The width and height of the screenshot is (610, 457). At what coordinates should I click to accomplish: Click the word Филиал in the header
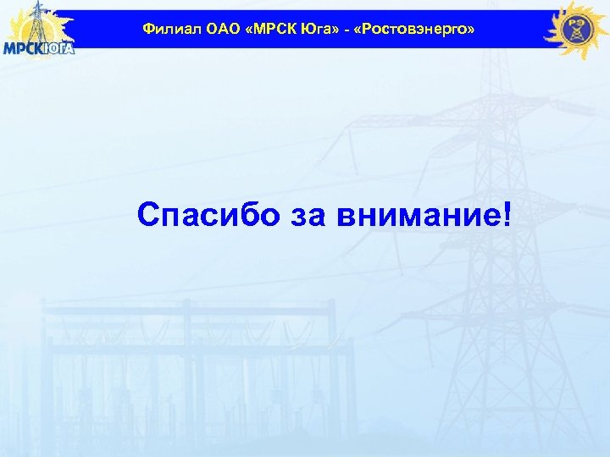tap(166, 30)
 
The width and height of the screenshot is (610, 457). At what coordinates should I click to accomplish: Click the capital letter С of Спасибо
tap(147, 215)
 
